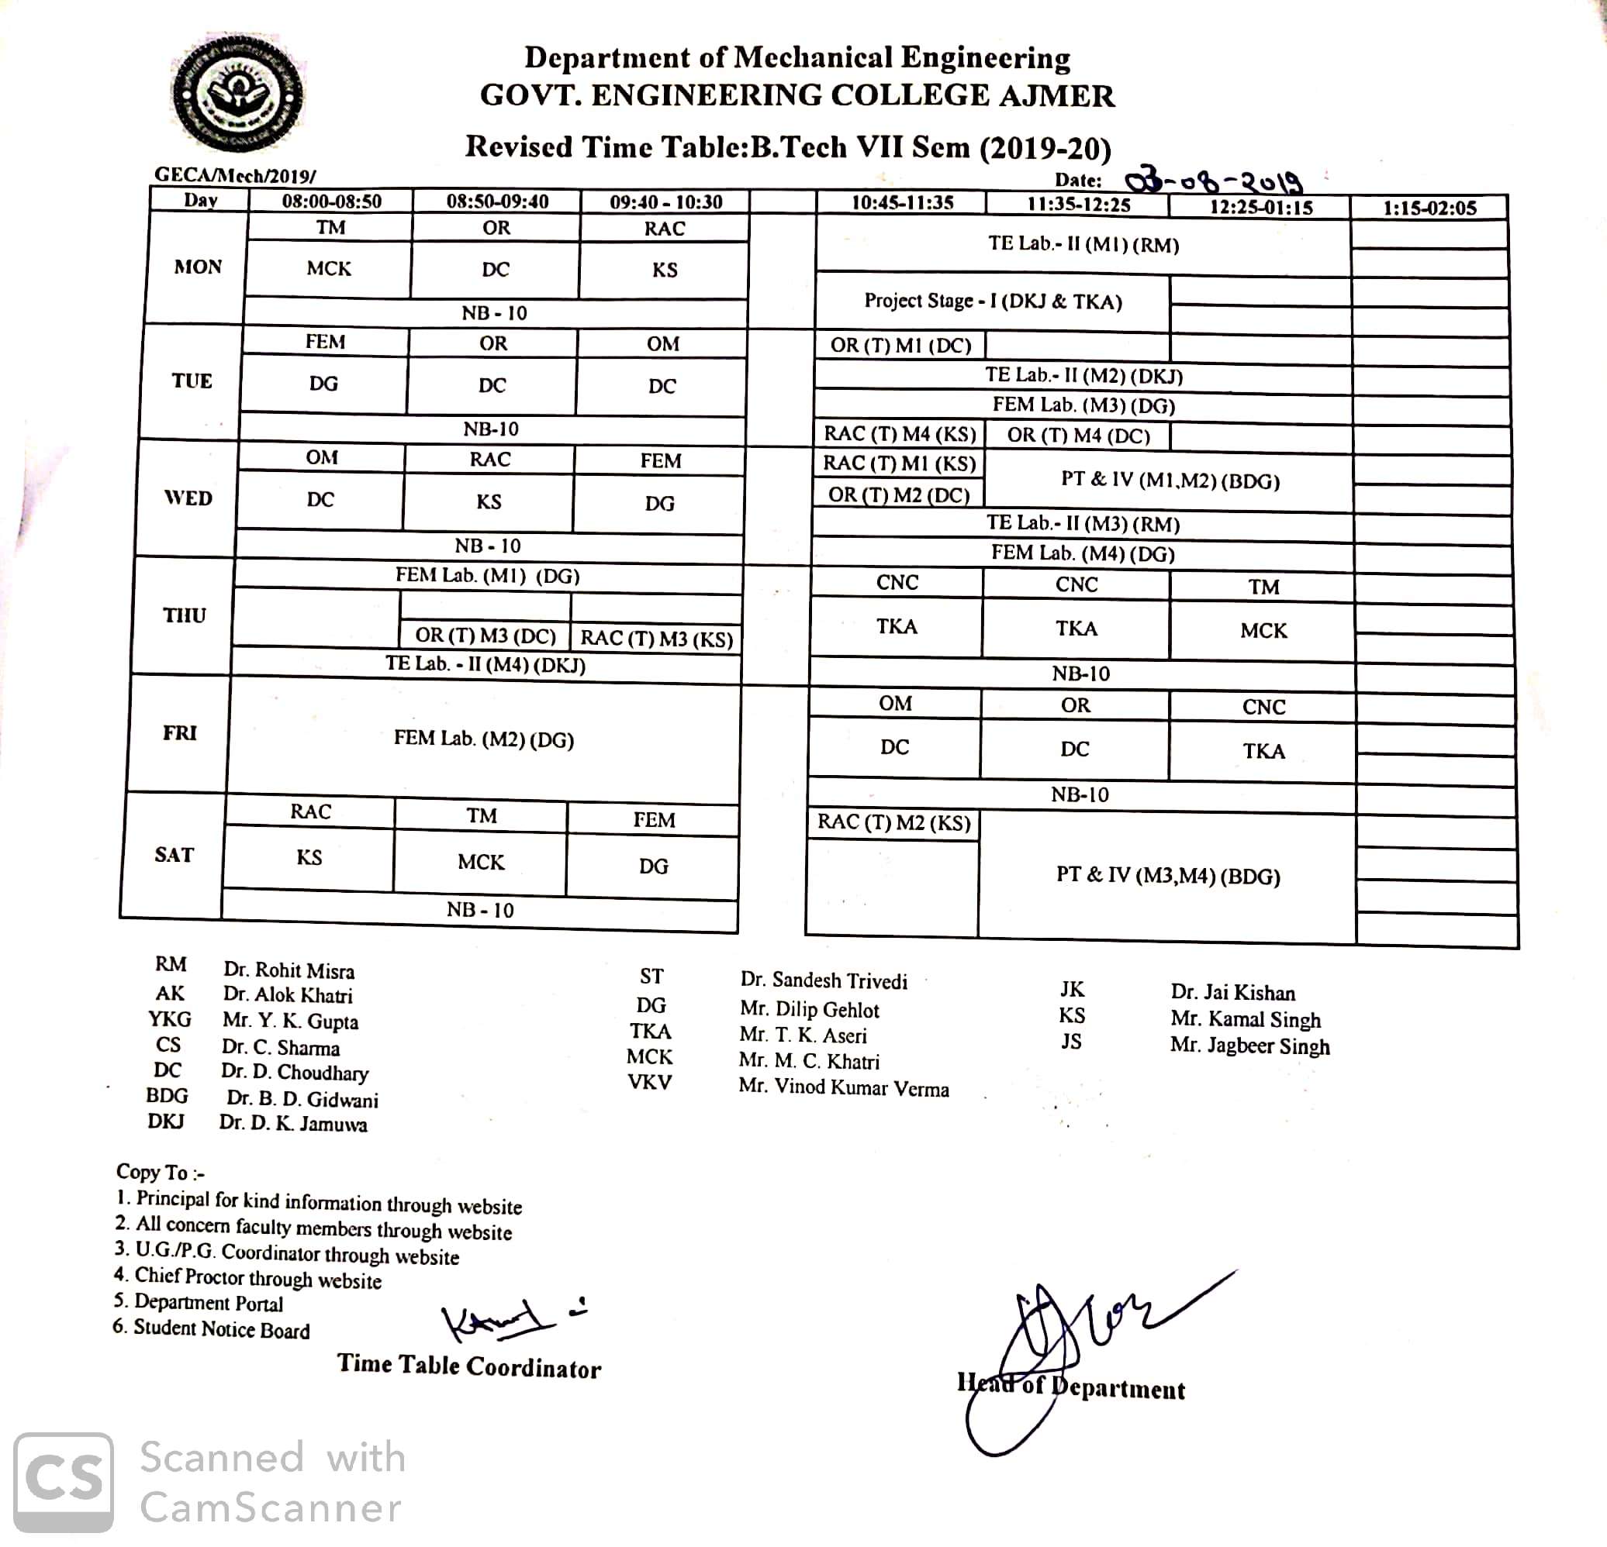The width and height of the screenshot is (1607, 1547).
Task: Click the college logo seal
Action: point(238,95)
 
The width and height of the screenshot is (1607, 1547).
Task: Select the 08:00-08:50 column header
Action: point(331,202)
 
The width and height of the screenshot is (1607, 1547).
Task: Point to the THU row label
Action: point(184,615)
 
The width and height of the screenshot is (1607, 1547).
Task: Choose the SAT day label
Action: point(174,855)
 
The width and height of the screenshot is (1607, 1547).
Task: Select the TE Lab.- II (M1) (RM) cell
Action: point(1083,244)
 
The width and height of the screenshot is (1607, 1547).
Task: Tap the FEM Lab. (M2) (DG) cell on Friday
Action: point(484,739)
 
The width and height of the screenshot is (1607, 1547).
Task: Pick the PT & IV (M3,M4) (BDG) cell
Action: point(1167,876)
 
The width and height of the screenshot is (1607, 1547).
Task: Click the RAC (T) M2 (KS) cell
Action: point(893,822)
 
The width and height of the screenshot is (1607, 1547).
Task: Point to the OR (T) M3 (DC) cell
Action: point(486,636)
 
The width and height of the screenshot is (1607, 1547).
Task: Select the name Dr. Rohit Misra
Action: point(289,971)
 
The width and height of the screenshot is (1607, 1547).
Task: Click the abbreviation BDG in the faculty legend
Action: point(168,1095)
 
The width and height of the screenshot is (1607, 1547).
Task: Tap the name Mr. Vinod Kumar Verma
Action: point(844,1088)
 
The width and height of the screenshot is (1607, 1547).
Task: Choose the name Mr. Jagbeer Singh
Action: point(1249,1046)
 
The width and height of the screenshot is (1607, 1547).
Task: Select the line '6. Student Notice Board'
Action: point(212,1329)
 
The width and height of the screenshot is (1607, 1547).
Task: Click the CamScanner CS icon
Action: point(64,1482)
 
